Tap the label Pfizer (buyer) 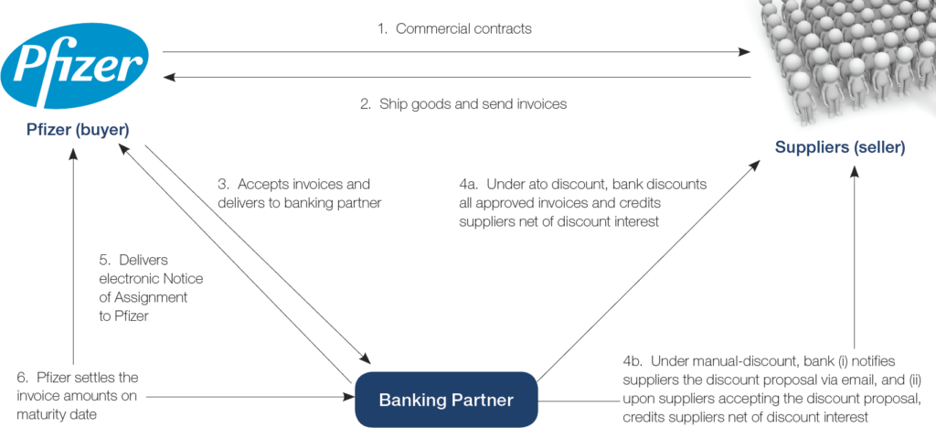click(x=77, y=130)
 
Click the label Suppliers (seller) click(x=840, y=147)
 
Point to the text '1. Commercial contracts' click(x=454, y=28)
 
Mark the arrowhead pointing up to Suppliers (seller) click(x=856, y=174)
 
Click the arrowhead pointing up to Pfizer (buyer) click(x=74, y=156)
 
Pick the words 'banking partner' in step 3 click(x=337, y=202)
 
